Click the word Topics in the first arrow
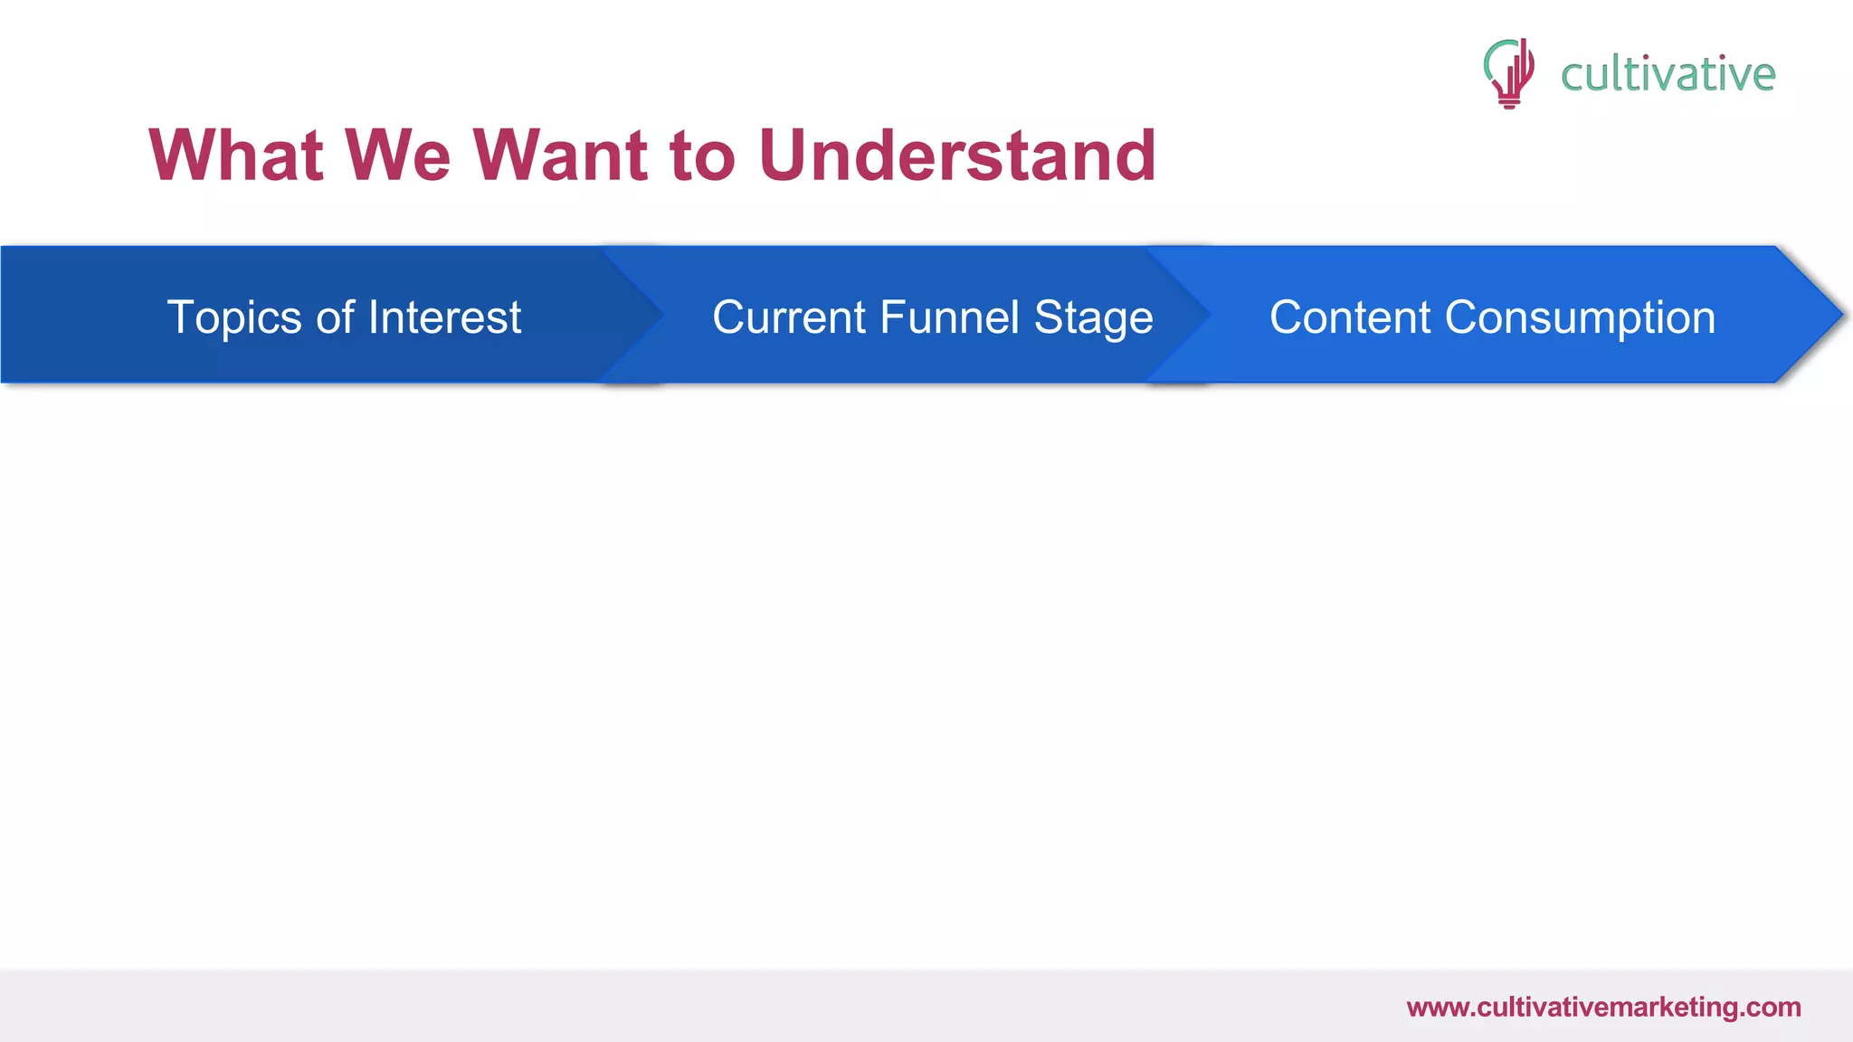coord(234,318)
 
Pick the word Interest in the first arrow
coord(444,317)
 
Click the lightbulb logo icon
coord(1508,72)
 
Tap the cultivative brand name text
coord(1668,74)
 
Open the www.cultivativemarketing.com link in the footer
coord(1603,1008)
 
